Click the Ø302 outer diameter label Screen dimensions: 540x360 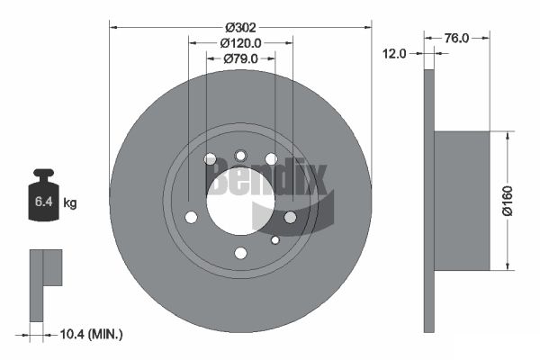point(240,27)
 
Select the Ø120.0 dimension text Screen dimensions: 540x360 point(240,43)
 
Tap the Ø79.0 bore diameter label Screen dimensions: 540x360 point(240,58)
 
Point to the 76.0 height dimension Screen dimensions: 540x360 point(456,38)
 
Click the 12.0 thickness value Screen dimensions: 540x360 point(395,54)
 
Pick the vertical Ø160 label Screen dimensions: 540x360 point(508,201)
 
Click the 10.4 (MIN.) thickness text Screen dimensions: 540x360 point(91,334)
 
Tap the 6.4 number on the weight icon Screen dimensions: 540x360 point(43,202)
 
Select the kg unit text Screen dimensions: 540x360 point(70,202)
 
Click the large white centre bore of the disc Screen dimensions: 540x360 point(240,202)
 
